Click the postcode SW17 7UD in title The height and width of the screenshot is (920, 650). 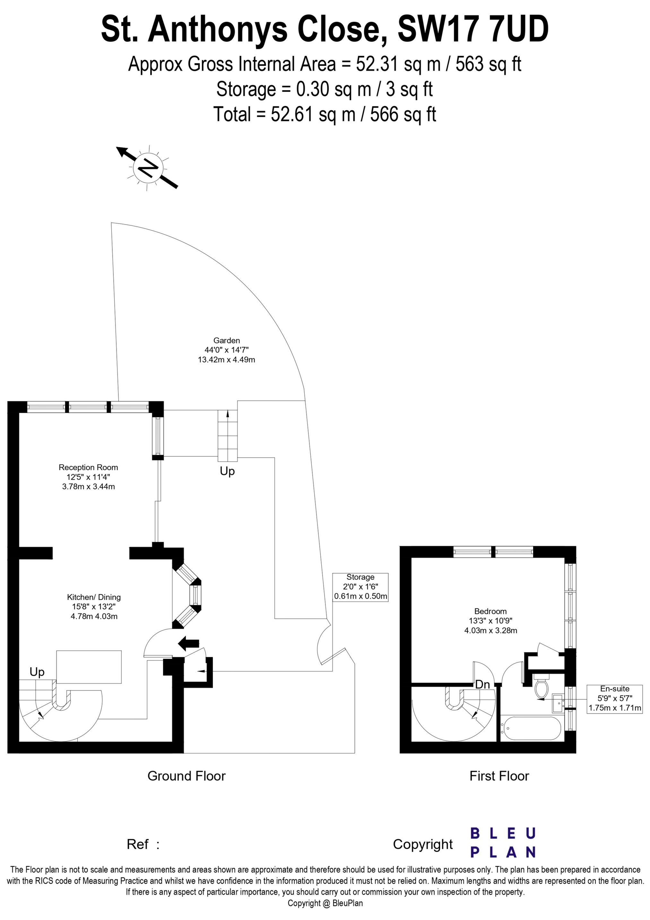tap(473, 29)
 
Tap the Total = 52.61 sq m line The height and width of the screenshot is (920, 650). tap(325, 114)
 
